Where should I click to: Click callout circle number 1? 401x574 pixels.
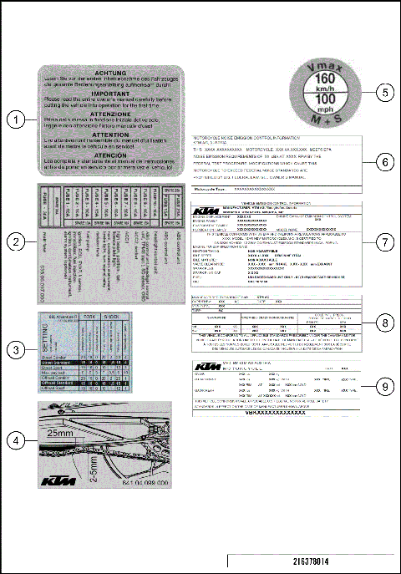point(16,119)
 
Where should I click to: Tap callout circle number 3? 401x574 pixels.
point(16,351)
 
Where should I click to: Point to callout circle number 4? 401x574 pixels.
point(16,438)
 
